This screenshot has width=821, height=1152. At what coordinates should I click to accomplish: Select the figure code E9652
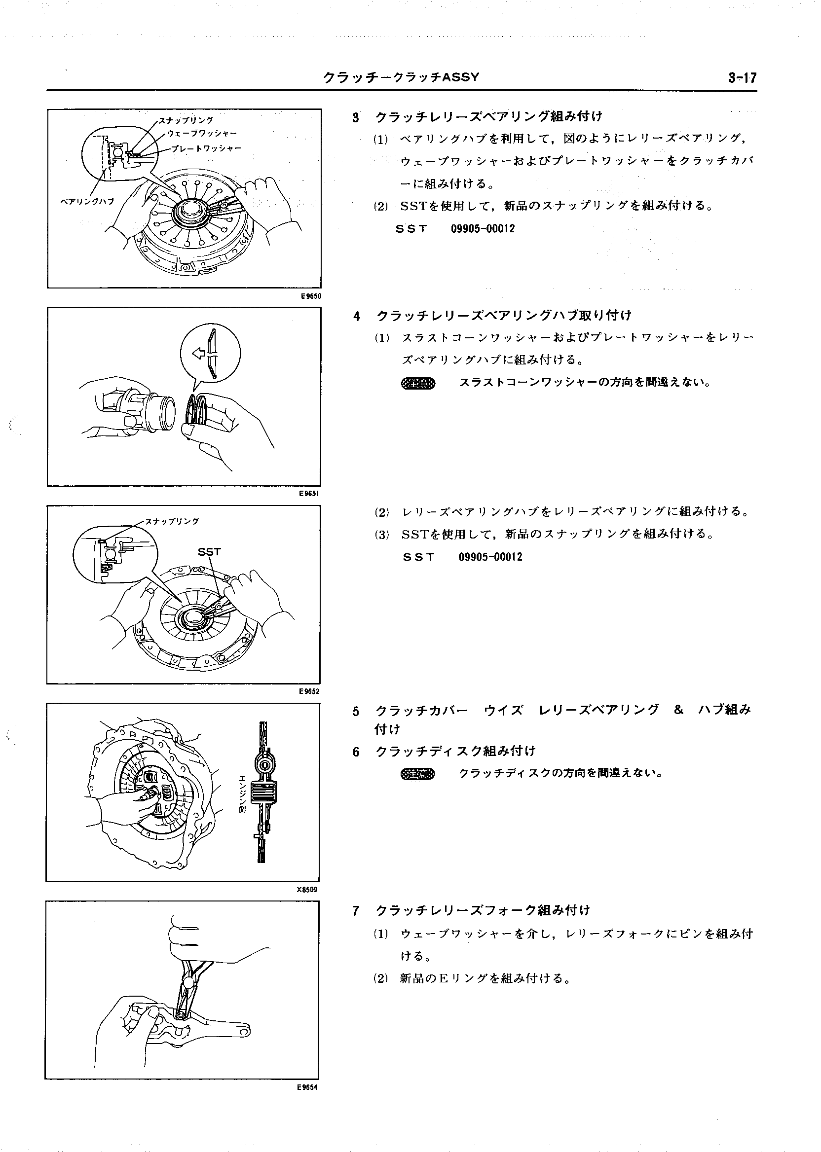point(309,692)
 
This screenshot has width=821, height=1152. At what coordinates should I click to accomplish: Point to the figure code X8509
point(307,890)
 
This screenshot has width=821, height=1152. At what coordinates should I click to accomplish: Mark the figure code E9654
point(307,1087)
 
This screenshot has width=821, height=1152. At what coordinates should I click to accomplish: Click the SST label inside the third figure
point(209,552)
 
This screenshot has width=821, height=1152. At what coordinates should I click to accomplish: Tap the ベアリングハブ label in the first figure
point(87,201)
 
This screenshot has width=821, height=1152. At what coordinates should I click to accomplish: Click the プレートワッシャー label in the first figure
point(206,148)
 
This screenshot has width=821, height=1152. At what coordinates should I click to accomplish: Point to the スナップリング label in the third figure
point(172,521)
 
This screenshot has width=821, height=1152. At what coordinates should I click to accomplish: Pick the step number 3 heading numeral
point(356,118)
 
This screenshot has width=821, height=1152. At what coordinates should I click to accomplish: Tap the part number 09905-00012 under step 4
point(490,557)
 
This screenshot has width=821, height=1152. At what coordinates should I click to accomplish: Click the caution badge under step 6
point(417,774)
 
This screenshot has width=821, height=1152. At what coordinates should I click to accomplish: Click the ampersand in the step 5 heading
point(678,710)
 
